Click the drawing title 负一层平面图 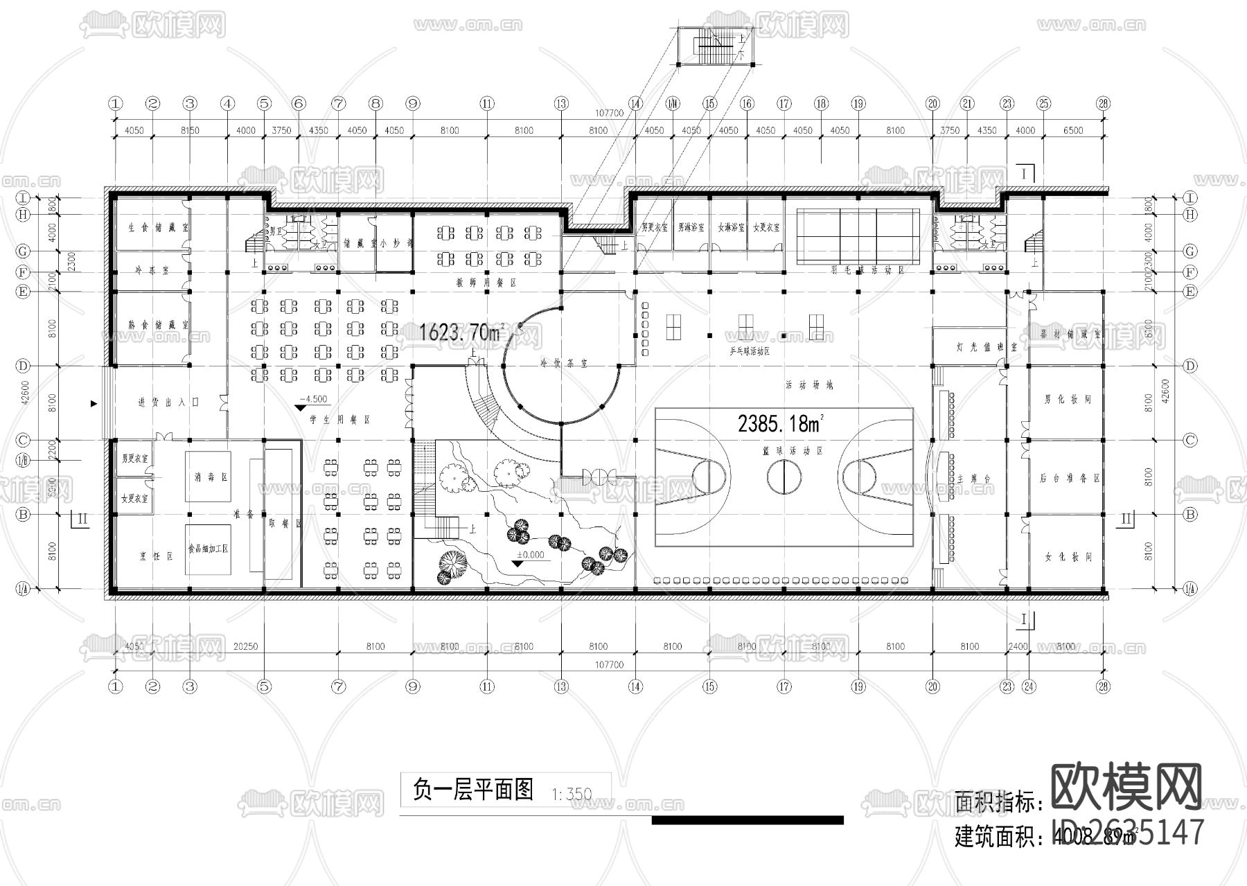[473, 790]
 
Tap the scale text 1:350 [572, 794]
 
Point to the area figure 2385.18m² [781, 423]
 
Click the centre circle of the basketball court [784, 477]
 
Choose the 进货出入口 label [168, 402]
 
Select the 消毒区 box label [208, 477]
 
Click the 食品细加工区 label [208, 548]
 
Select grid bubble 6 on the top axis [299, 104]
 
